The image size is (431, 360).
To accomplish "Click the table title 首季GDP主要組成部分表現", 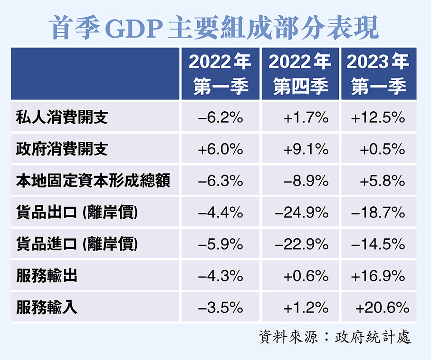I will (215, 28).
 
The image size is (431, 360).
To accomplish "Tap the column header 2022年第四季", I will (300, 74).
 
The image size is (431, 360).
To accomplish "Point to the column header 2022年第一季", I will (220, 74).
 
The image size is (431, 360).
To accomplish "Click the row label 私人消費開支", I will (62, 117).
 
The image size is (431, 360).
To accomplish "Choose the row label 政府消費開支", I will (62, 149).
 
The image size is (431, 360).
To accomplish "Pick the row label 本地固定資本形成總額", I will (93, 181).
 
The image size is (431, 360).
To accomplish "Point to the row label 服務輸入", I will (47, 308).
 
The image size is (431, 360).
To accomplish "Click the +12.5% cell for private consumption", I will (378, 117).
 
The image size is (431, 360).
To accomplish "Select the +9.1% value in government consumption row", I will (306, 149).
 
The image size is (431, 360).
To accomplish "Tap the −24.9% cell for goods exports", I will (301, 213).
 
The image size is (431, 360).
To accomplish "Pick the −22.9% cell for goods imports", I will (301, 244).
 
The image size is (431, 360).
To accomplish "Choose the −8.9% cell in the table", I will (306, 181).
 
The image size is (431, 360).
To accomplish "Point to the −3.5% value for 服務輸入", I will (220, 308).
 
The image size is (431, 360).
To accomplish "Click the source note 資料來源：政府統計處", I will (335, 337).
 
